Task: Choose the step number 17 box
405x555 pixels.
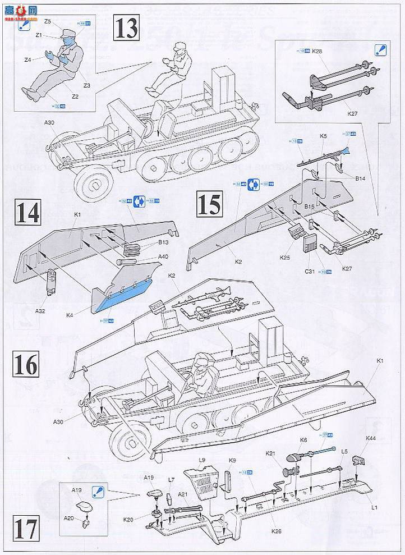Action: tap(26, 529)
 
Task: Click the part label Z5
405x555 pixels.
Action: tap(48, 21)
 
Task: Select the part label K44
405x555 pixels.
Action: tap(371, 437)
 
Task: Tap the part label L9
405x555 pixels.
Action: tap(203, 460)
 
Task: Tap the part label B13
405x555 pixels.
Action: tap(163, 242)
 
